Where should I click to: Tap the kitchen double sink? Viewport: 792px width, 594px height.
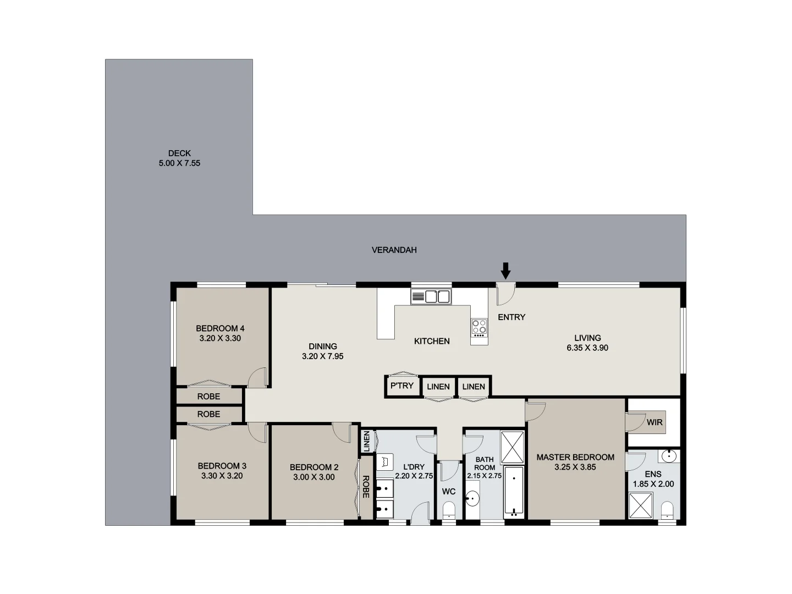tap(431, 297)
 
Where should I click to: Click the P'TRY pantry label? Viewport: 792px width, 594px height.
tap(402, 386)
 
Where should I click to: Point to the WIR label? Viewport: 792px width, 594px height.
tap(654, 422)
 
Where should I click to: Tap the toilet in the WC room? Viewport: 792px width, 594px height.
tap(449, 509)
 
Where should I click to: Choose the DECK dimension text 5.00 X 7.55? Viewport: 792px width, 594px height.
tap(179, 163)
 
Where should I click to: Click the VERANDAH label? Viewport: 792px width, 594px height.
tap(394, 250)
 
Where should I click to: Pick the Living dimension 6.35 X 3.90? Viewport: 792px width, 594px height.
tap(587, 348)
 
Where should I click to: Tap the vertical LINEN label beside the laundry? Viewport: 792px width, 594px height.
tap(366, 442)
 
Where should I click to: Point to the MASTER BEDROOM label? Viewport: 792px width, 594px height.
tap(575, 457)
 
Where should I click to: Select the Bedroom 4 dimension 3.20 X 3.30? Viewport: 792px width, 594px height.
tap(220, 338)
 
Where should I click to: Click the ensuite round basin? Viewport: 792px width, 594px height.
tap(669, 456)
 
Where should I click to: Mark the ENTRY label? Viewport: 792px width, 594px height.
tap(512, 317)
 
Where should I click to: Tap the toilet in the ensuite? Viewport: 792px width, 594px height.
tap(667, 509)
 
